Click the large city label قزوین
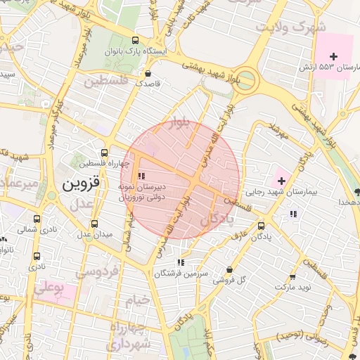(x=82, y=184)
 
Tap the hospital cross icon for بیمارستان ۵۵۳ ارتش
(x=333, y=56)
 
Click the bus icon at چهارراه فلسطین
(x=105, y=152)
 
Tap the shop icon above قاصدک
(x=148, y=73)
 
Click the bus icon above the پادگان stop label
(x=262, y=226)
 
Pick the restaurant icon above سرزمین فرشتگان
(x=181, y=262)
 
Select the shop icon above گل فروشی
(x=230, y=269)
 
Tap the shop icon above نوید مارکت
(x=292, y=276)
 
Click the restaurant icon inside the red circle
(x=142, y=176)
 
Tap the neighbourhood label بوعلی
(x=49, y=288)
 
